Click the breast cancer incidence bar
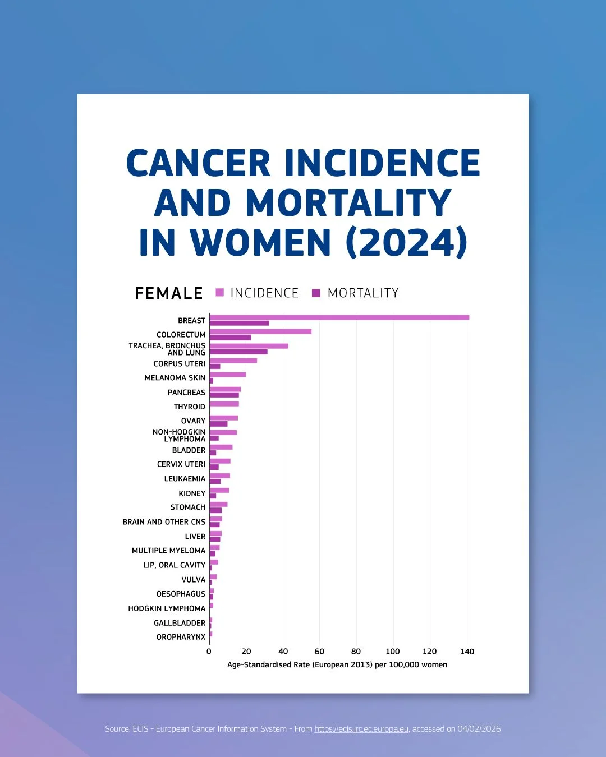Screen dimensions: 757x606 (339, 317)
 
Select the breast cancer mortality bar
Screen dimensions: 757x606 (239, 323)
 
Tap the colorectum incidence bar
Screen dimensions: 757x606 (260, 331)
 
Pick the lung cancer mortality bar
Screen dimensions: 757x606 (238, 352)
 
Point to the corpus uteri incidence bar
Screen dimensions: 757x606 (233, 361)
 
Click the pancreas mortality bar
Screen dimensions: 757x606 (224, 395)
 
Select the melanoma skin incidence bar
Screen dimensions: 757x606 (227, 375)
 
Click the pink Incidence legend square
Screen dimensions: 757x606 (220, 293)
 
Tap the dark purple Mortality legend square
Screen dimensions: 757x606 (316, 293)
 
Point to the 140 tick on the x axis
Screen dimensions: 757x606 (467, 652)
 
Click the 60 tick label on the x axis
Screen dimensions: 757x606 (319, 652)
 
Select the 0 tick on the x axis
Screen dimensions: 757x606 (209, 652)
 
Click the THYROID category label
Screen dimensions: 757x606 (190, 407)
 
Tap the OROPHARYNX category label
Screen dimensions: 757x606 (181, 638)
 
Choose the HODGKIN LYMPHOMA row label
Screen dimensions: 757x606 (167, 608)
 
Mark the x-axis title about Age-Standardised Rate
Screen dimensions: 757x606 (337, 665)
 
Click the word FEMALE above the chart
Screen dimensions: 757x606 (169, 293)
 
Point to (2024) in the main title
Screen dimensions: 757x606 (406, 242)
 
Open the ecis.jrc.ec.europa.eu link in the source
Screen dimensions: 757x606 (361, 729)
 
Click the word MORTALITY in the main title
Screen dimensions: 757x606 (348, 202)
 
